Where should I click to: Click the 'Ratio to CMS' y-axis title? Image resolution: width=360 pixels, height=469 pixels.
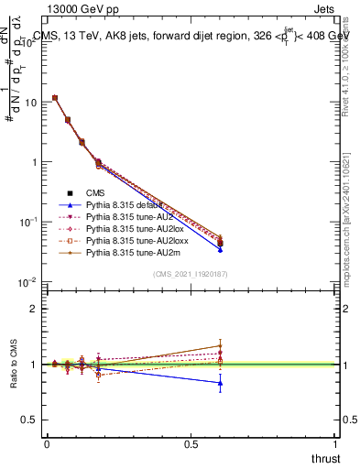(x=13, y=365)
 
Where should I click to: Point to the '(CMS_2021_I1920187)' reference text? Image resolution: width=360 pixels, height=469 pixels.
(x=190, y=274)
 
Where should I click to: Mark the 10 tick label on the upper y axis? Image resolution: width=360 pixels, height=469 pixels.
(x=29, y=103)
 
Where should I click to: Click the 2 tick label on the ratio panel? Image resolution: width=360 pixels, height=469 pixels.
(x=34, y=309)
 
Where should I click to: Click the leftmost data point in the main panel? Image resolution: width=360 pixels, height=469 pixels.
(x=55, y=98)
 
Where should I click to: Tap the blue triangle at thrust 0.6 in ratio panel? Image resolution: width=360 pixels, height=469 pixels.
(x=220, y=383)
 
